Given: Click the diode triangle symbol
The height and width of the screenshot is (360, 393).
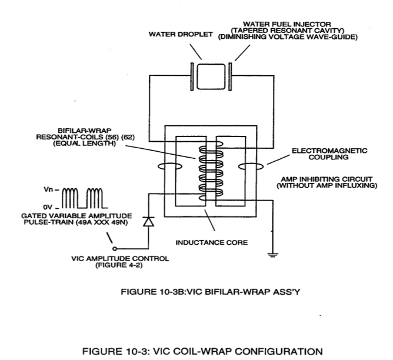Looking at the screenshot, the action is [x=148, y=221].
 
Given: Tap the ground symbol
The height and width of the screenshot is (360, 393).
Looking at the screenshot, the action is [x=273, y=255].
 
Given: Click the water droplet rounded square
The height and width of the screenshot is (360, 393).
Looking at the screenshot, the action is [x=211, y=76].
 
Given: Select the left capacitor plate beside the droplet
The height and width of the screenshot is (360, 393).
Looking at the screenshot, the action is [x=192, y=76].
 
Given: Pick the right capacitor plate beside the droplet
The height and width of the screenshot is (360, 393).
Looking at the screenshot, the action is [x=230, y=76].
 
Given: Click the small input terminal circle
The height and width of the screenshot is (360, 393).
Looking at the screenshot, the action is [x=115, y=249].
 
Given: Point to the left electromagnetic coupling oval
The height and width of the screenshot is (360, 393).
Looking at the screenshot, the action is [x=170, y=166].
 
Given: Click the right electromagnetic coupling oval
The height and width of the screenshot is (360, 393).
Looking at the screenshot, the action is [x=251, y=166].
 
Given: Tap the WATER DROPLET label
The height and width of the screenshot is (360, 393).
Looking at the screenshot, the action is [x=181, y=34].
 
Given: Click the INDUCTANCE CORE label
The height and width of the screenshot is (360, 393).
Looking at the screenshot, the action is [x=212, y=242].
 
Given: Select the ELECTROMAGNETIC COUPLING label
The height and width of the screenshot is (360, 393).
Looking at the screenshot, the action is [x=329, y=154].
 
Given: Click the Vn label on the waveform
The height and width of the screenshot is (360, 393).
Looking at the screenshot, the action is [x=48, y=189].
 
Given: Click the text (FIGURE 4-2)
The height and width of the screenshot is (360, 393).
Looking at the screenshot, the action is [x=119, y=265].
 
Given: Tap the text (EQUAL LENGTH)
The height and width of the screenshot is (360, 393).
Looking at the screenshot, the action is [x=85, y=144].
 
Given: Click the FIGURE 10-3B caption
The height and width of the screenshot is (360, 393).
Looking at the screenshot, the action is [x=211, y=292].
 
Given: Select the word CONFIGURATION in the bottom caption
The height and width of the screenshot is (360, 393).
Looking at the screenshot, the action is [x=278, y=352].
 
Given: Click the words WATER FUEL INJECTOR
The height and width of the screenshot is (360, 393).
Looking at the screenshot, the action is [x=287, y=24].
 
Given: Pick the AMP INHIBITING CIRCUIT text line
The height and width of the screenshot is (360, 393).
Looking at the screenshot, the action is [x=327, y=179].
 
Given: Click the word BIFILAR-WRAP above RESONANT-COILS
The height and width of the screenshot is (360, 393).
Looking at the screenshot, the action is [x=85, y=131].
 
